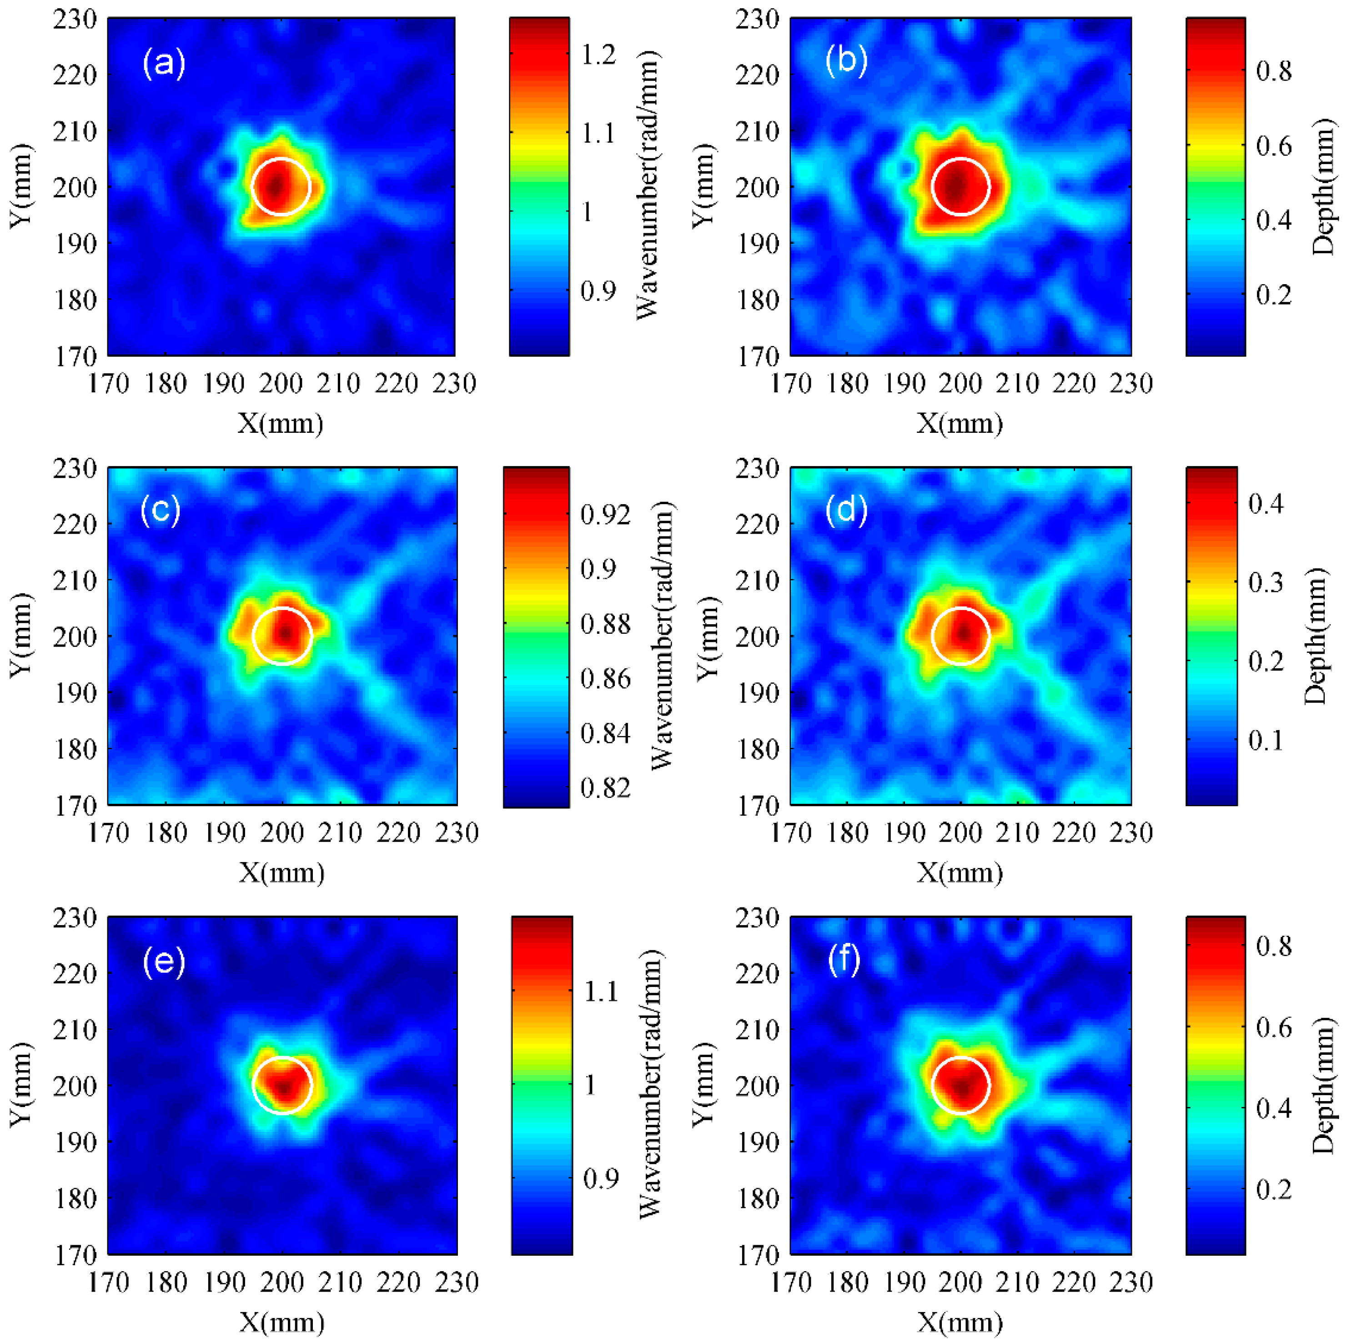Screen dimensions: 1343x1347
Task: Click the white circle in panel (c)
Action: click(281, 636)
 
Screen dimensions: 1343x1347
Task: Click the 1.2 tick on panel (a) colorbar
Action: click(599, 55)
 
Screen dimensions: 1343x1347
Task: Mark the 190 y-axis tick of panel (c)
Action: click(75, 693)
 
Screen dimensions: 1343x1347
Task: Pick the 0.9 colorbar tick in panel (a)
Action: click(599, 290)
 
